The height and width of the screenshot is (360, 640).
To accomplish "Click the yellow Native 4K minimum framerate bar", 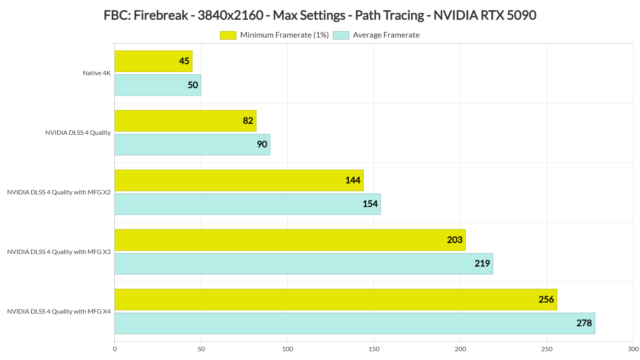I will click(153, 61).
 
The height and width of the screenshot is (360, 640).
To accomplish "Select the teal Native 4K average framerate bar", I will click(158, 85).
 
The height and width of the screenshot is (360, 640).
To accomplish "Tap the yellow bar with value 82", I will click(185, 120).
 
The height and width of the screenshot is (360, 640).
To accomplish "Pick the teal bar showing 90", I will click(192, 144).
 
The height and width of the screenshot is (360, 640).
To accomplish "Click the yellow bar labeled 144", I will click(239, 180).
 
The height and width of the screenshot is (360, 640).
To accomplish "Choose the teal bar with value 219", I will click(304, 264).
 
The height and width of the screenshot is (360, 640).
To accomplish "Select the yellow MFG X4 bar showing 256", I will click(336, 299).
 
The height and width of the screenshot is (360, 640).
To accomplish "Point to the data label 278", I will click(584, 323).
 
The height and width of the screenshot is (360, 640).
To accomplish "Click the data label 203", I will click(454, 240).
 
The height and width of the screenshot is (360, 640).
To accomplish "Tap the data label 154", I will click(370, 204).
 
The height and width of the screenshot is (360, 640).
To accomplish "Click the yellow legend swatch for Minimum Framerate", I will click(228, 35).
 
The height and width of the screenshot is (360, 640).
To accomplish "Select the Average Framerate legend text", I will click(386, 35).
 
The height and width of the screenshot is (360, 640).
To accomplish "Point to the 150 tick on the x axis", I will click(374, 349).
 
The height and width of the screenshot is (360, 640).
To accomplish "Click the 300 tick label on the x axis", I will click(633, 349).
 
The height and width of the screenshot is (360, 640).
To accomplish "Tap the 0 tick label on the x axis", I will click(115, 349).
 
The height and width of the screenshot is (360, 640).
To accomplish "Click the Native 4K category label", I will click(96, 73).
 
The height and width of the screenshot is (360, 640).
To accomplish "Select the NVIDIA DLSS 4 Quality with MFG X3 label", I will click(59, 252).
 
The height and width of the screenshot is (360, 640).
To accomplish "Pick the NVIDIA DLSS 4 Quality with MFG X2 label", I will click(59, 192).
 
